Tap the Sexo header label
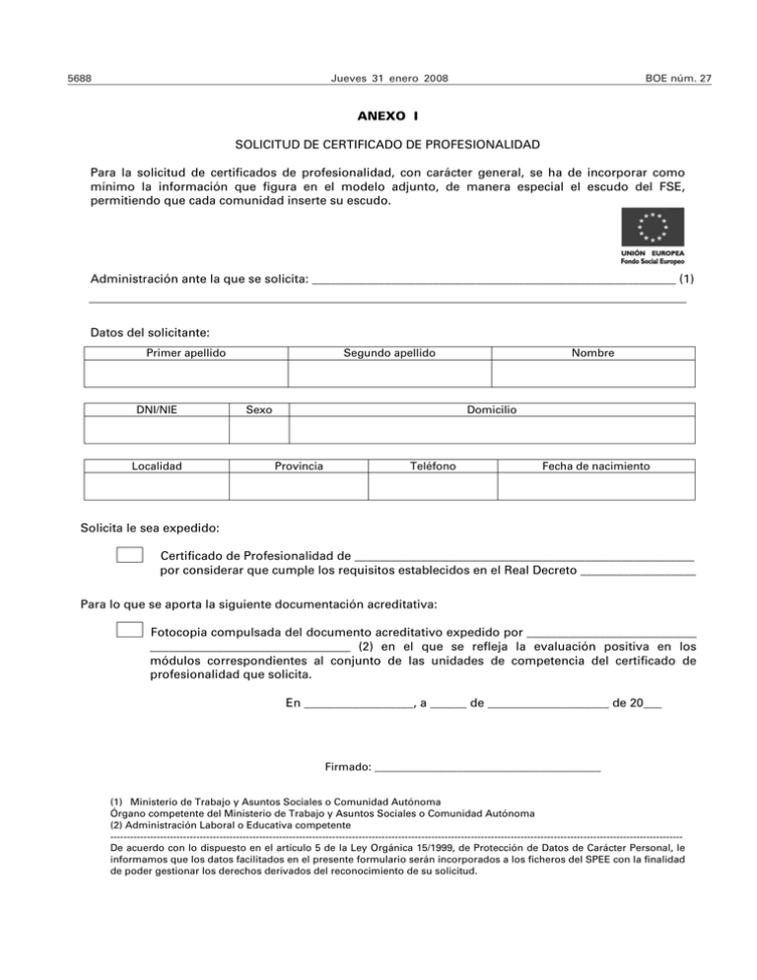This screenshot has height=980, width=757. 258,409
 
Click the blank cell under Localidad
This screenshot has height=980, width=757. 157,487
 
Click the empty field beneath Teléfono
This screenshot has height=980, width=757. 432,487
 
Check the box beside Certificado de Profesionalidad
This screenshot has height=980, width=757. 129,557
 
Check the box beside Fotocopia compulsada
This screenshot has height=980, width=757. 129,630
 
